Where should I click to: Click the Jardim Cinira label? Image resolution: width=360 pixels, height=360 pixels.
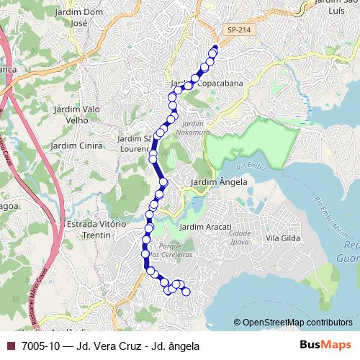[74, 145]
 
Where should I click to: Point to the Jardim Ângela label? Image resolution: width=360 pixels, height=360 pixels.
[219, 183]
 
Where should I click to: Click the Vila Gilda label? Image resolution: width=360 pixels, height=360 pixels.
[282, 238]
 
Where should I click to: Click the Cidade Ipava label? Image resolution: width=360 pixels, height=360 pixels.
[239, 238]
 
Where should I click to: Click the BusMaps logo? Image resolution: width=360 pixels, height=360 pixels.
[326, 346]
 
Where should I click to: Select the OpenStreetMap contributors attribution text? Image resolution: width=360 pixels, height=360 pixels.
[297, 323]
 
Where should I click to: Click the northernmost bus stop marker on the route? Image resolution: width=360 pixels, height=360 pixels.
[214, 50]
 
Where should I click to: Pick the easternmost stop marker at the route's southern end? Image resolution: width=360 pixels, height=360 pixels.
[186, 292]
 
